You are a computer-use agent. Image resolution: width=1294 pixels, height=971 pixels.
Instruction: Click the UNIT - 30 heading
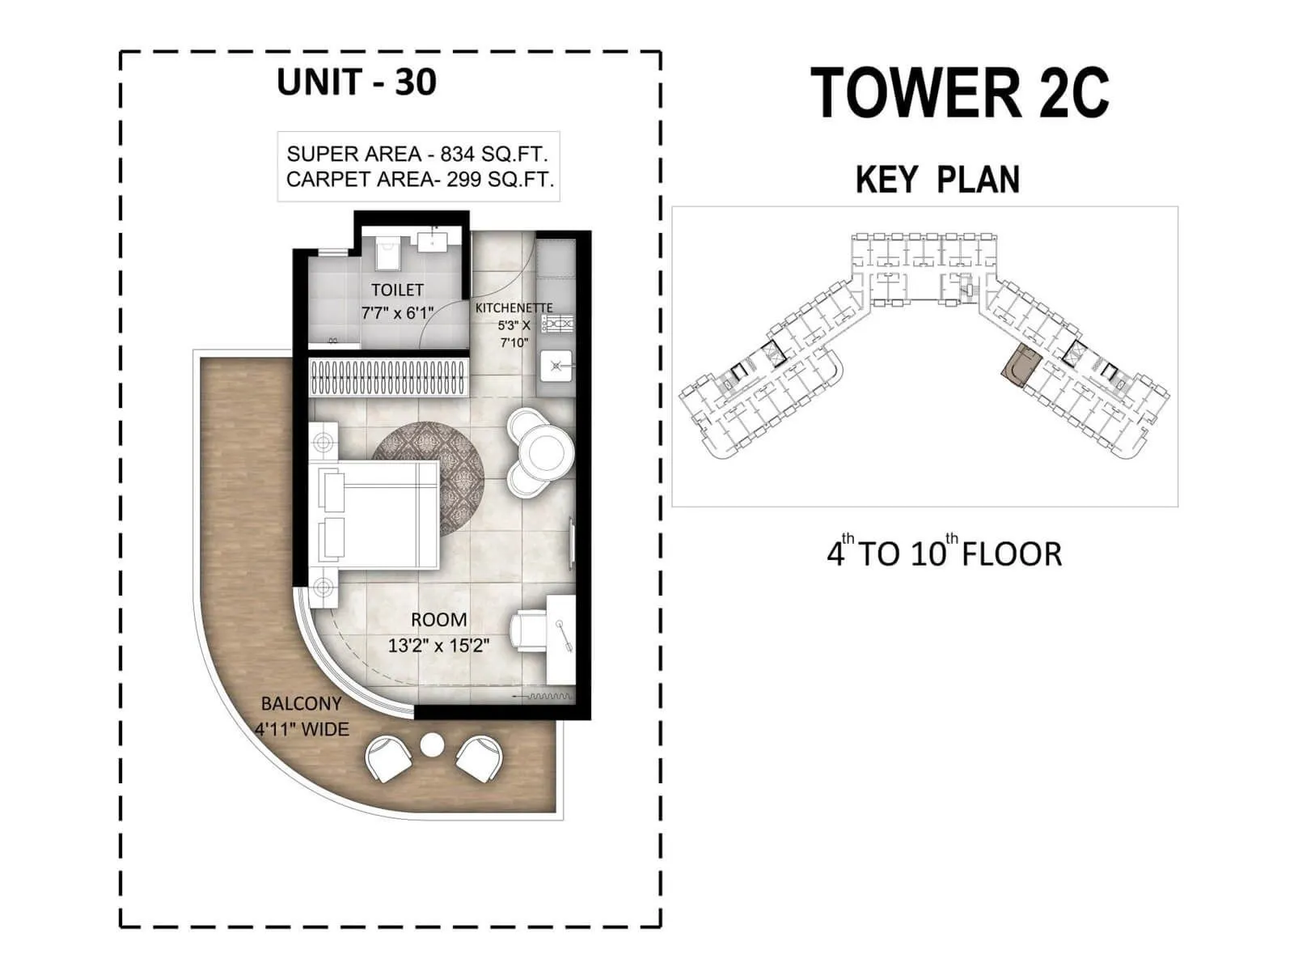tap(356, 83)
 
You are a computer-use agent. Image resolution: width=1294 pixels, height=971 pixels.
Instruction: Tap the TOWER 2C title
tap(959, 93)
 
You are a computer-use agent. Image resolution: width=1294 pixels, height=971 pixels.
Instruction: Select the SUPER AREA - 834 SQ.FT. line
tap(417, 154)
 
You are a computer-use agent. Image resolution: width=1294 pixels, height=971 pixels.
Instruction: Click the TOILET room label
tap(397, 290)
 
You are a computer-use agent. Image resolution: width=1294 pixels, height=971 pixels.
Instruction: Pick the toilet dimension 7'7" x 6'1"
tap(397, 313)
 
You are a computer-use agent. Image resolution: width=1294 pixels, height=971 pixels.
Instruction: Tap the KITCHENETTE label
tap(514, 308)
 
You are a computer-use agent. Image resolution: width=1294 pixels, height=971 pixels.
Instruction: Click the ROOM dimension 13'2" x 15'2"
tap(438, 645)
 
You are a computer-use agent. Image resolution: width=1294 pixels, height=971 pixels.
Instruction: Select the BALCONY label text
tap(301, 703)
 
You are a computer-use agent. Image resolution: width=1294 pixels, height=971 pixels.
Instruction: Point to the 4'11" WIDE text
tap(302, 729)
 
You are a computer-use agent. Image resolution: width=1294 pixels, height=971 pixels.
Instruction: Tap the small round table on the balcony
tap(433, 744)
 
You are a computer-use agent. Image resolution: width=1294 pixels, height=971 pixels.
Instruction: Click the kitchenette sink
tap(556, 366)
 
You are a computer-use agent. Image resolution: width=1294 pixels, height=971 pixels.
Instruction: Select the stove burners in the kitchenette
tap(558, 324)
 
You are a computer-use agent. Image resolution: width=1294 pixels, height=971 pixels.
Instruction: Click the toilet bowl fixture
tap(388, 253)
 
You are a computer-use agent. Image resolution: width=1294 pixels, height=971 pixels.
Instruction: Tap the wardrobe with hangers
tap(389, 377)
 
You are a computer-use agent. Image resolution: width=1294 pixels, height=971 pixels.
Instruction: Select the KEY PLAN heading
tap(937, 180)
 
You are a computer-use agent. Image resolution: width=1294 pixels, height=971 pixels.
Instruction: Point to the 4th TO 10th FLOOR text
tap(944, 553)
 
